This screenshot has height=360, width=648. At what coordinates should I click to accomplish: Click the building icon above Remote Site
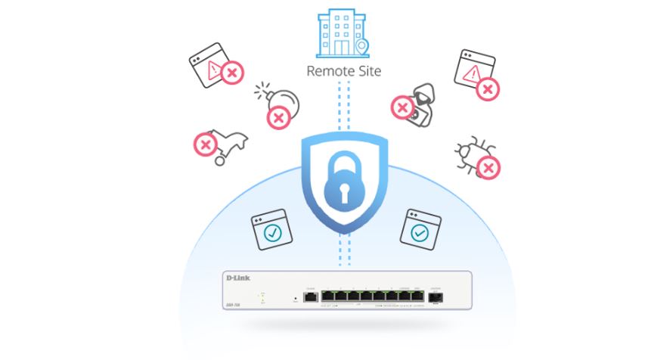point(342,34)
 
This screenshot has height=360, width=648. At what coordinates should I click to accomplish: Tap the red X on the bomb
point(278,117)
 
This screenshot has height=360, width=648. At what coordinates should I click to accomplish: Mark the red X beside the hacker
point(401,108)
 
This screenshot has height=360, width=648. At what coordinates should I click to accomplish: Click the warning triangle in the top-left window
point(215,70)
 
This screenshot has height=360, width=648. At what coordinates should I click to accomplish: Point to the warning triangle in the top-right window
point(471,73)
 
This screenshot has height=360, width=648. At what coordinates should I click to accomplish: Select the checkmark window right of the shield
point(420,229)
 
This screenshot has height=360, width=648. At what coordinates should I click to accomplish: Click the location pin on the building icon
point(363,48)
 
